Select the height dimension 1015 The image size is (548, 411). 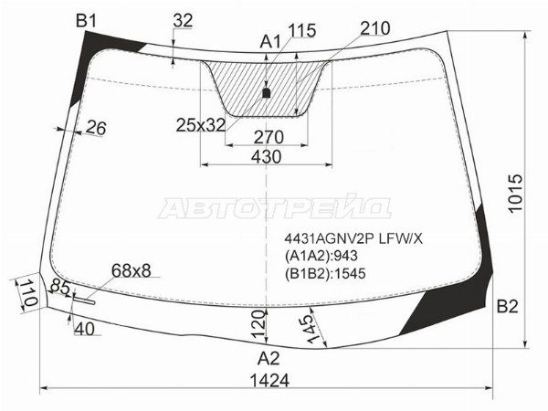pyautogui.click(x=517, y=194)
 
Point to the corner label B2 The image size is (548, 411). pyautogui.click(x=507, y=306)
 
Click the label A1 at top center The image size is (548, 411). pyautogui.click(x=271, y=41)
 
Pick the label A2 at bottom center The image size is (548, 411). pyautogui.click(x=268, y=357)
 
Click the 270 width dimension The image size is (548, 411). pyautogui.click(x=267, y=137)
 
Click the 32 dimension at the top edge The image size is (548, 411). pyautogui.click(x=183, y=20)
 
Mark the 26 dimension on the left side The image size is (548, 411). pyautogui.click(x=95, y=129)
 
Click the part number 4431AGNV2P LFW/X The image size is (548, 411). pyautogui.click(x=348, y=239)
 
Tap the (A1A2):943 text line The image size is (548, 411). pyautogui.click(x=321, y=256)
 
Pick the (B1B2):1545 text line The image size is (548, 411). pyautogui.click(x=326, y=272)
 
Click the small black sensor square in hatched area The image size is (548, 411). pyautogui.click(x=267, y=92)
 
